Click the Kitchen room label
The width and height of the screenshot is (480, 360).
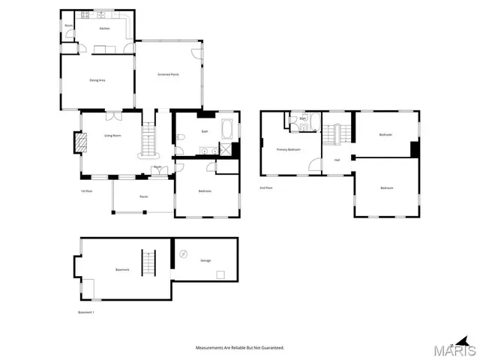[105, 28]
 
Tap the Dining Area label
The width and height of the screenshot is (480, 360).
[97, 79]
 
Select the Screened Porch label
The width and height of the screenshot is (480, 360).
[168, 74]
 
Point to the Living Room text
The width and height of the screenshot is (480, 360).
[112, 135]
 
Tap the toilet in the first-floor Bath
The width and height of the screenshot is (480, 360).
[181, 138]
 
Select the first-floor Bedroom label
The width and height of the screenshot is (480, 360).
[205, 191]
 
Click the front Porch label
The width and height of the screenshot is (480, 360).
[143, 197]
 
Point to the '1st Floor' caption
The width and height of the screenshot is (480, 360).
[86, 191]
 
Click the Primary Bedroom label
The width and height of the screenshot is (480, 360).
[288, 149]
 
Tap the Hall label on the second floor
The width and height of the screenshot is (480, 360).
[337, 160]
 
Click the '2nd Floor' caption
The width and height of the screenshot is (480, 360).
[266, 187]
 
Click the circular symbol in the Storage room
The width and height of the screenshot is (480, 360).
[184, 254]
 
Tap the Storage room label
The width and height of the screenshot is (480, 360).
[205, 260]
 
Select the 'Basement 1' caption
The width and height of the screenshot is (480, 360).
[86, 312]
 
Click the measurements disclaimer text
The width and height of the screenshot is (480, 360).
[240, 348]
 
